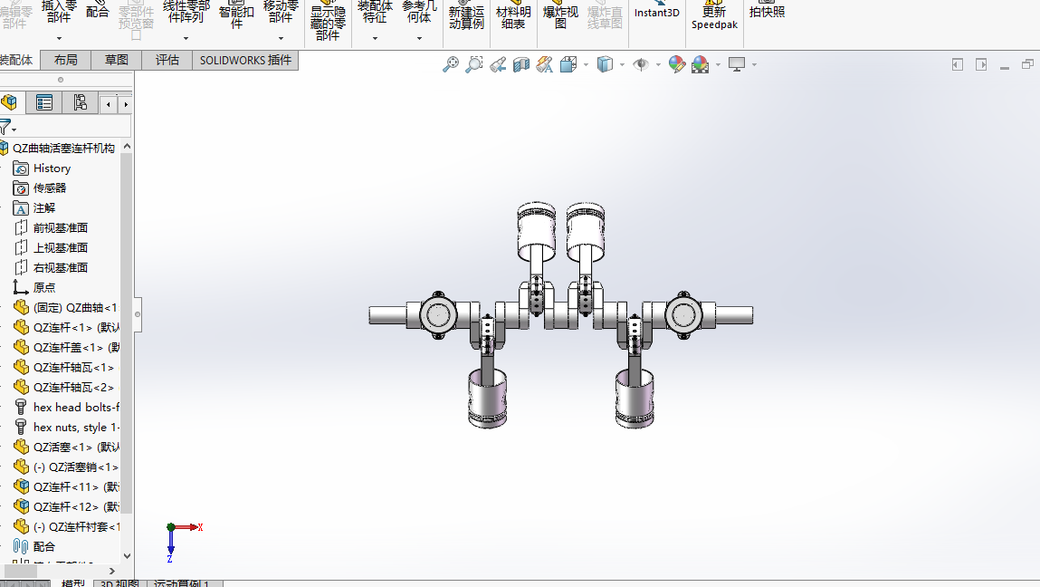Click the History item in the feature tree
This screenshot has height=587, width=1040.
point(52,168)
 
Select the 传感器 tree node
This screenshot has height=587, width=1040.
point(50,188)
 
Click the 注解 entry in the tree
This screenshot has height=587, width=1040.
point(44,208)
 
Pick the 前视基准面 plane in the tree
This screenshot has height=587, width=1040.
point(61,228)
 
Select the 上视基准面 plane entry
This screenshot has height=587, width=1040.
point(61,248)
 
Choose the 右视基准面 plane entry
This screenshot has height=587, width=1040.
point(61,268)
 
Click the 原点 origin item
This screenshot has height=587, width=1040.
point(44,288)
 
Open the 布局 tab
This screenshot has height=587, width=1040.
point(66,61)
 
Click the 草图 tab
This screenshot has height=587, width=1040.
point(117,61)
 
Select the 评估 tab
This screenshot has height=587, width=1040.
point(167,61)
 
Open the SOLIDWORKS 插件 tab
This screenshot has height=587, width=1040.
point(245,61)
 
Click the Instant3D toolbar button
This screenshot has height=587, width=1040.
point(656,13)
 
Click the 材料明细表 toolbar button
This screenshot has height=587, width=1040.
point(513,17)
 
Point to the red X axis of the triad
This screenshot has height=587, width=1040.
point(190,526)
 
